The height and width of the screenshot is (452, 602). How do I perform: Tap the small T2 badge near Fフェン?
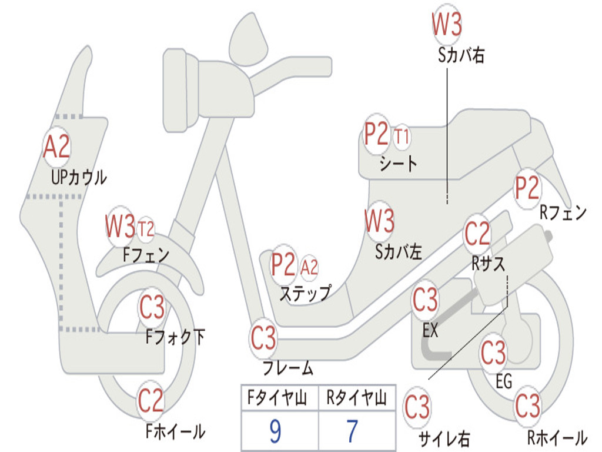(x=146, y=228)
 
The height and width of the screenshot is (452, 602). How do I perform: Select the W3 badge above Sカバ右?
(x=447, y=25)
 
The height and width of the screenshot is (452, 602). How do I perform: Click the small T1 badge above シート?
(x=402, y=137)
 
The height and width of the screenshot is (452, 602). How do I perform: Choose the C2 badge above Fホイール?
(x=151, y=401)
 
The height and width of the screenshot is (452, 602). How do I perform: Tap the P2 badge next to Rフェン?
(x=527, y=188)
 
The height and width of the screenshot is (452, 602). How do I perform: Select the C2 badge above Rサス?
(x=477, y=234)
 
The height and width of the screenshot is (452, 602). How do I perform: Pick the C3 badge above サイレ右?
(x=417, y=407)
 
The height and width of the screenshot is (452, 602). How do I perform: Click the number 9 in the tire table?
(x=275, y=431)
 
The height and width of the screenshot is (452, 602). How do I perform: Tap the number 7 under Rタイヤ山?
(x=352, y=431)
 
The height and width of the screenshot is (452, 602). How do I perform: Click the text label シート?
(x=399, y=163)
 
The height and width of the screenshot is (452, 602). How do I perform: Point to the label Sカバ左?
(x=399, y=252)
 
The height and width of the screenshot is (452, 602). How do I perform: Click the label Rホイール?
(x=556, y=437)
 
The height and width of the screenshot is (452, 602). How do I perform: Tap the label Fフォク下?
(x=175, y=337)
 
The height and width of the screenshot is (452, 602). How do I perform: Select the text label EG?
(x=504, y=381)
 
